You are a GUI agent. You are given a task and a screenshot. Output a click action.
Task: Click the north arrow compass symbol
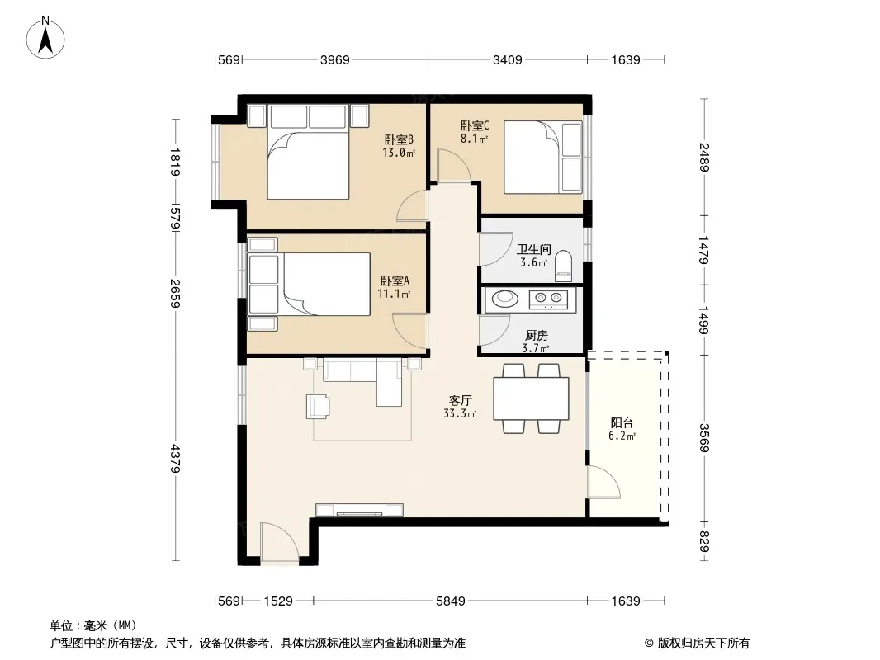click(45, 38)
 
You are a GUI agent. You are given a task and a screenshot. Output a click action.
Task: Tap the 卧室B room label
click(399, 139)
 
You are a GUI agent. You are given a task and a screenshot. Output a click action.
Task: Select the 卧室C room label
click(475, 125)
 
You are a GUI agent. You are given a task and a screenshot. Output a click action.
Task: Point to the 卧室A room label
click(395, 280)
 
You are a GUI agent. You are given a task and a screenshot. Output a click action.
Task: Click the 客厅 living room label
click(460, 400)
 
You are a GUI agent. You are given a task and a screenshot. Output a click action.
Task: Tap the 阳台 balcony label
click(622, 422)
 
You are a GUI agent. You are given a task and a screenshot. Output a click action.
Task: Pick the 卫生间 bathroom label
click(534, 249)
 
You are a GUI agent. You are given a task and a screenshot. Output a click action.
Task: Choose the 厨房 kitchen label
click(536, 335)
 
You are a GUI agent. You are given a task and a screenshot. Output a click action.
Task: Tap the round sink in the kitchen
click(505, 299)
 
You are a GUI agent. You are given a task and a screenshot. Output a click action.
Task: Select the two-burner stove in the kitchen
click(548, 299)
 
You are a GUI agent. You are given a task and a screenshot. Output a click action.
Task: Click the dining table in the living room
click(531, 398)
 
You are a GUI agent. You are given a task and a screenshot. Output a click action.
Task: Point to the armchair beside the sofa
click(318, 407)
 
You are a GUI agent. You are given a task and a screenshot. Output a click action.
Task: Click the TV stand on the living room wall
click(360, 511)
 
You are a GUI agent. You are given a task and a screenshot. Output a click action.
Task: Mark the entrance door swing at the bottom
click(279, 542)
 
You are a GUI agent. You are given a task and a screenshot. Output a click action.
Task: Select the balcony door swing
click(604, 482)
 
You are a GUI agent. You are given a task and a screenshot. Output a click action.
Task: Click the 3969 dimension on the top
click(335, 59)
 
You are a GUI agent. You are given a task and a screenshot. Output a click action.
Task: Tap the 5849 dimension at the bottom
click(451, 601)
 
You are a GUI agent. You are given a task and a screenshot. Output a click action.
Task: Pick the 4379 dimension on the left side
click(176, 458)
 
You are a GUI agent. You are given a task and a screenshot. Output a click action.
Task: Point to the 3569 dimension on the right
click(704, 437)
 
